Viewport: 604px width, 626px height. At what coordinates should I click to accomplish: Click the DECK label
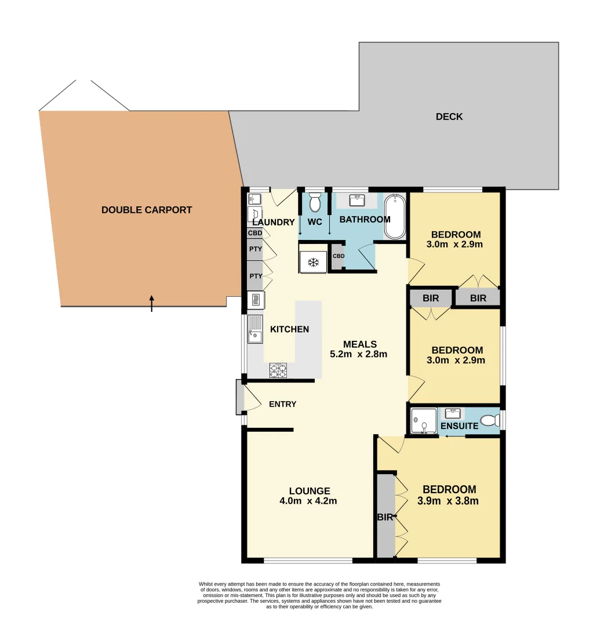449,117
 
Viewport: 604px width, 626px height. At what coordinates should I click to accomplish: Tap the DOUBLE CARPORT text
147,210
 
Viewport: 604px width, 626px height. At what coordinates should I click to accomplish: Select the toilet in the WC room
315,203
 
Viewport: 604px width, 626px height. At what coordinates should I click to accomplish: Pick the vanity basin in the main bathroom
356,201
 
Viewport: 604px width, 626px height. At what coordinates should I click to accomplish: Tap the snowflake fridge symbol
314,263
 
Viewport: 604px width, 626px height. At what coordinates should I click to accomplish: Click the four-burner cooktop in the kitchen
278,369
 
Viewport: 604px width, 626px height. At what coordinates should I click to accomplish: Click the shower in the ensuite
424,421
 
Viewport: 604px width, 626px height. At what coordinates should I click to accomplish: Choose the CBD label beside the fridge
339,256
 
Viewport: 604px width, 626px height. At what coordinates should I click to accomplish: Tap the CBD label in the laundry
255,233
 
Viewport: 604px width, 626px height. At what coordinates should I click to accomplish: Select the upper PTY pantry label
256,249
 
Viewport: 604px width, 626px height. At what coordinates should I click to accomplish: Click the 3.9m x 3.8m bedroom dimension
448,501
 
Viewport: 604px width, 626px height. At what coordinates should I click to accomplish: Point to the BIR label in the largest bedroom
385,518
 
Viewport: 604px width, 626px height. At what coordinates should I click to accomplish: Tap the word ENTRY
282,404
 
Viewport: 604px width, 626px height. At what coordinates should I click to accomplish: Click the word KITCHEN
289,329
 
